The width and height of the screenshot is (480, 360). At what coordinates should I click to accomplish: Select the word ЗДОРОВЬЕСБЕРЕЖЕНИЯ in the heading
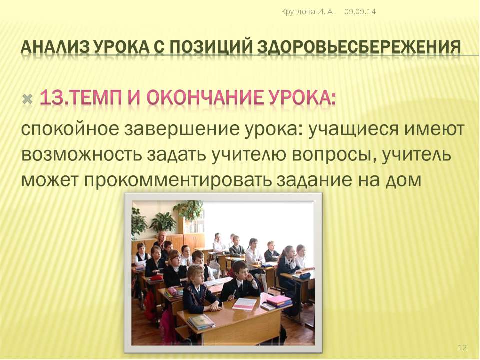pyautogui.click(x=359, y=47)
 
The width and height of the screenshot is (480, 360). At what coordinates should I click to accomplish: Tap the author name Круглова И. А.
pyautogui.click(x=308, y=12)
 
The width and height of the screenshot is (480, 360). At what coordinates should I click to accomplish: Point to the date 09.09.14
pyautogui.click(x=360, y=12)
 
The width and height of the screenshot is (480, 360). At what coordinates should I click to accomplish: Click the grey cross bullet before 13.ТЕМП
pyautogui.click(x=28, y=99)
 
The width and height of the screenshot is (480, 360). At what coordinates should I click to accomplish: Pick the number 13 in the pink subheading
pyautogui.click(x=50, y=97)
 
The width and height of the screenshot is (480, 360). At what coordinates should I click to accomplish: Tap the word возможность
pyautogui.click(x=82, y=155)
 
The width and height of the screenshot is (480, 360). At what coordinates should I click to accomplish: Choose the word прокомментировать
pyautogui.click(x=178, y=180)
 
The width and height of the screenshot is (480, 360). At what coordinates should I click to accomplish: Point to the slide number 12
pyautogui.click(x=462, y=348)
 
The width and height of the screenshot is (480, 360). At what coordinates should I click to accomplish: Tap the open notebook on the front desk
pyautogui.click(x=245, y=303)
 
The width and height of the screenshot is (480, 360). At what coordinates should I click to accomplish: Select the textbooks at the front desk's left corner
pyautogui.click(x=201, y=322)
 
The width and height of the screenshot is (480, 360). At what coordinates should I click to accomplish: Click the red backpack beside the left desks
pyautogui.click(x=150, y=304)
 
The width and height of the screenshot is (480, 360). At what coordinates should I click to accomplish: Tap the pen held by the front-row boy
pyautogui.click(x=234, y=294)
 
